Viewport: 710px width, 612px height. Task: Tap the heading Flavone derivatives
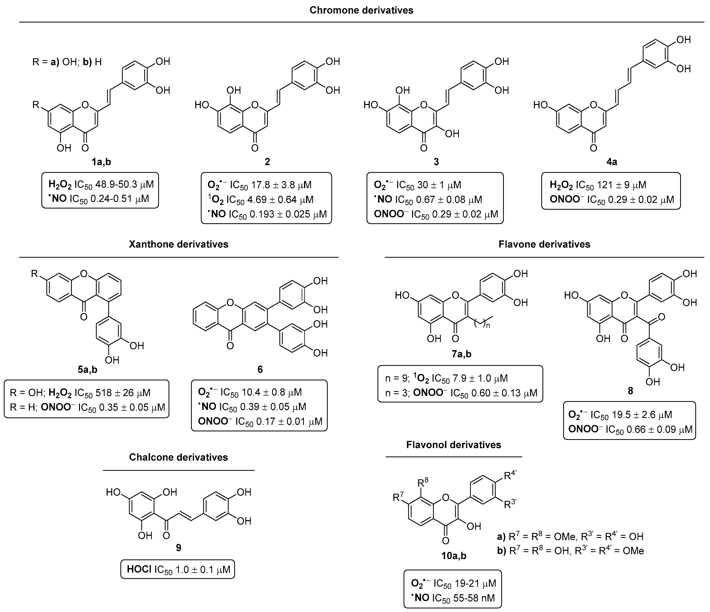[544, 244]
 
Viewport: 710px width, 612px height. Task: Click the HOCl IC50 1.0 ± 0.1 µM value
[178, 570]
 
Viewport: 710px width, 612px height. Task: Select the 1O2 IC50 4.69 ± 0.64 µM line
[260, 200]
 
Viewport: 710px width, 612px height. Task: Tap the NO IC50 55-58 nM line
[453, 598]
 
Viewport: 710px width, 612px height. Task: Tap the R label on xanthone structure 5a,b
[35, 273]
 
